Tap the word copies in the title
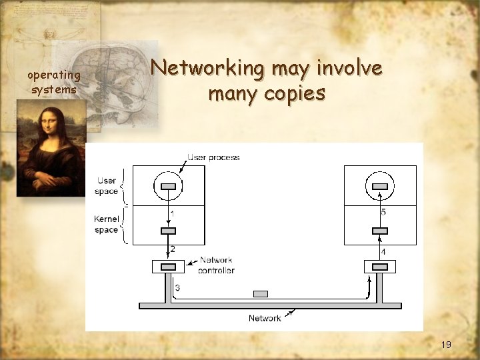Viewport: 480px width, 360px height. click(x=294, y=93)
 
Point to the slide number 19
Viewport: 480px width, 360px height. click(x=446, y=345)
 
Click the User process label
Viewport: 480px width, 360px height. click(x=213, y=157)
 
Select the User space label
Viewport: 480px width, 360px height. click(x=107, y=186)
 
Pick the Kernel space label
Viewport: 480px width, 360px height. click(x=107, y=224)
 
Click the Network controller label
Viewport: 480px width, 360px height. click(x=217, y=265)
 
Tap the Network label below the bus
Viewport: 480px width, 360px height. click(x=265, y=318)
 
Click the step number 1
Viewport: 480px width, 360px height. click(x=173, y=213)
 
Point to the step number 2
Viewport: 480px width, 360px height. click(x=173, y=249)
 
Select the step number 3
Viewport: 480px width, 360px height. click(x=177, y=288)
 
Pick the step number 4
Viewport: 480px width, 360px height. click(x=383, y=252)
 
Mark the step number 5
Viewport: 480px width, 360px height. click(x=383, y=212)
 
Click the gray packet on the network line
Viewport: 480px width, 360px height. click(x=261, y=294)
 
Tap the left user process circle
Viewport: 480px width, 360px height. click(x=169, y=185)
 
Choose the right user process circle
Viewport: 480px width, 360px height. click(x=380, y=185)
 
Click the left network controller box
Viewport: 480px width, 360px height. click(x=169, y=267)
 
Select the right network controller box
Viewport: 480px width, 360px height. click(x=380, y=267)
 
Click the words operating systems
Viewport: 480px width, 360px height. click(x=54, y=82)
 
